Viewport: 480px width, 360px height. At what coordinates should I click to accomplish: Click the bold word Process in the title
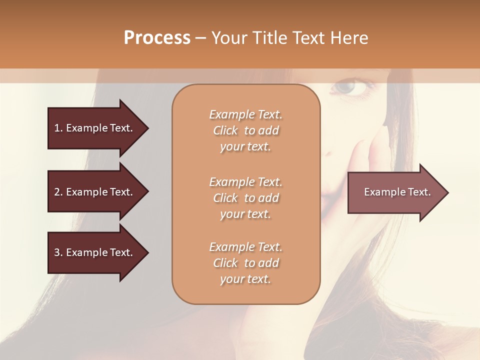(157, 38)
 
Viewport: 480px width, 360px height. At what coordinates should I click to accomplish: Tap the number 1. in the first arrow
(58, 128)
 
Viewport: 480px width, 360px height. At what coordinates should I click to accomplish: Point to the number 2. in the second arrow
(58, 192)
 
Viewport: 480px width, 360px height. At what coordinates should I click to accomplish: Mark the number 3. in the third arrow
(58, 252)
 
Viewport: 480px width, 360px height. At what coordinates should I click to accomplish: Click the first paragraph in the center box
(245, 130)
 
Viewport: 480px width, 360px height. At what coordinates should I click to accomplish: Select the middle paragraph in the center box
(245, 198)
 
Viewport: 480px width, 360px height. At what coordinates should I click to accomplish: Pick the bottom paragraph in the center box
(245, 263)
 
